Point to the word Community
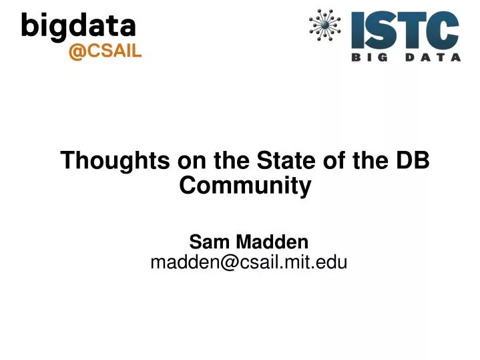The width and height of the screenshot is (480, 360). click(x=246, y=186)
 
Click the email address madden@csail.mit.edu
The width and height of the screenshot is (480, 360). click(x=248, y=262)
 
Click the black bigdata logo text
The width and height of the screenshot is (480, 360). click(x=79, y=27)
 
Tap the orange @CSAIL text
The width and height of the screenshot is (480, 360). click(x=105, y=52)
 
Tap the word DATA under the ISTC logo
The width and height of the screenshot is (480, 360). click(x=434, y=57)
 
